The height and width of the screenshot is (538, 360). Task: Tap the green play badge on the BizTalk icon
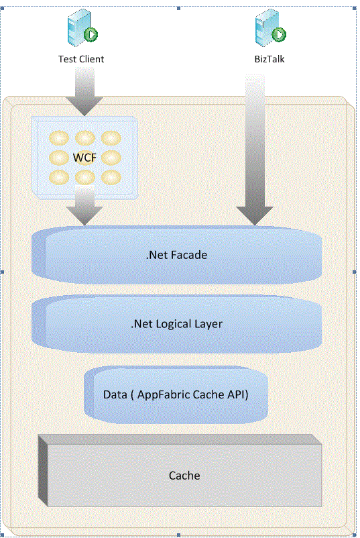(x=279, y=34)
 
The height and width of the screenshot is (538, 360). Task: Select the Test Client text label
(x=81, y=59)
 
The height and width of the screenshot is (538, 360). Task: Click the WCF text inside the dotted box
(x=84, y=158)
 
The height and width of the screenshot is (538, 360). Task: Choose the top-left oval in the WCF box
(x=60, y=138)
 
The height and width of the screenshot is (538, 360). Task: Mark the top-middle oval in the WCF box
(x=84, y=138)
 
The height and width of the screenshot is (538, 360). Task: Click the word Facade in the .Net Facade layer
(x=191, y=255)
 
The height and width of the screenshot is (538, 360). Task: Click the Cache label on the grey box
(x=184, y=475)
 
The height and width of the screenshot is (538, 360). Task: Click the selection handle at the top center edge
(x=178, y=8)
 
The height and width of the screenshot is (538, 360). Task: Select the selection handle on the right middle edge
(x=355, y=272)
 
